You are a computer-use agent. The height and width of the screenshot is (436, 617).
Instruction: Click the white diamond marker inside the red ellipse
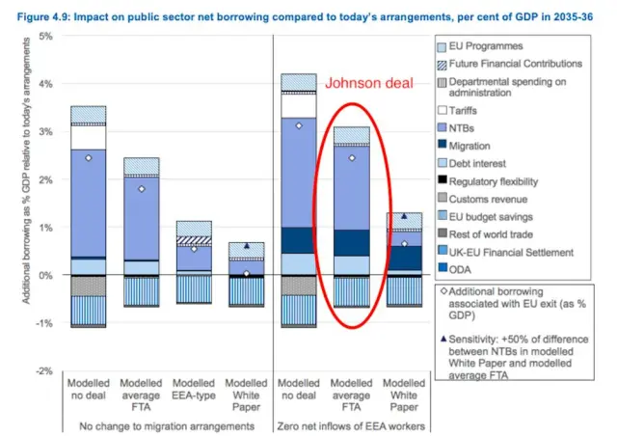[x=352, y=157]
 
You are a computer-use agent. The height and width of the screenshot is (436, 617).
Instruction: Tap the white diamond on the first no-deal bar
[x=88, y=157]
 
